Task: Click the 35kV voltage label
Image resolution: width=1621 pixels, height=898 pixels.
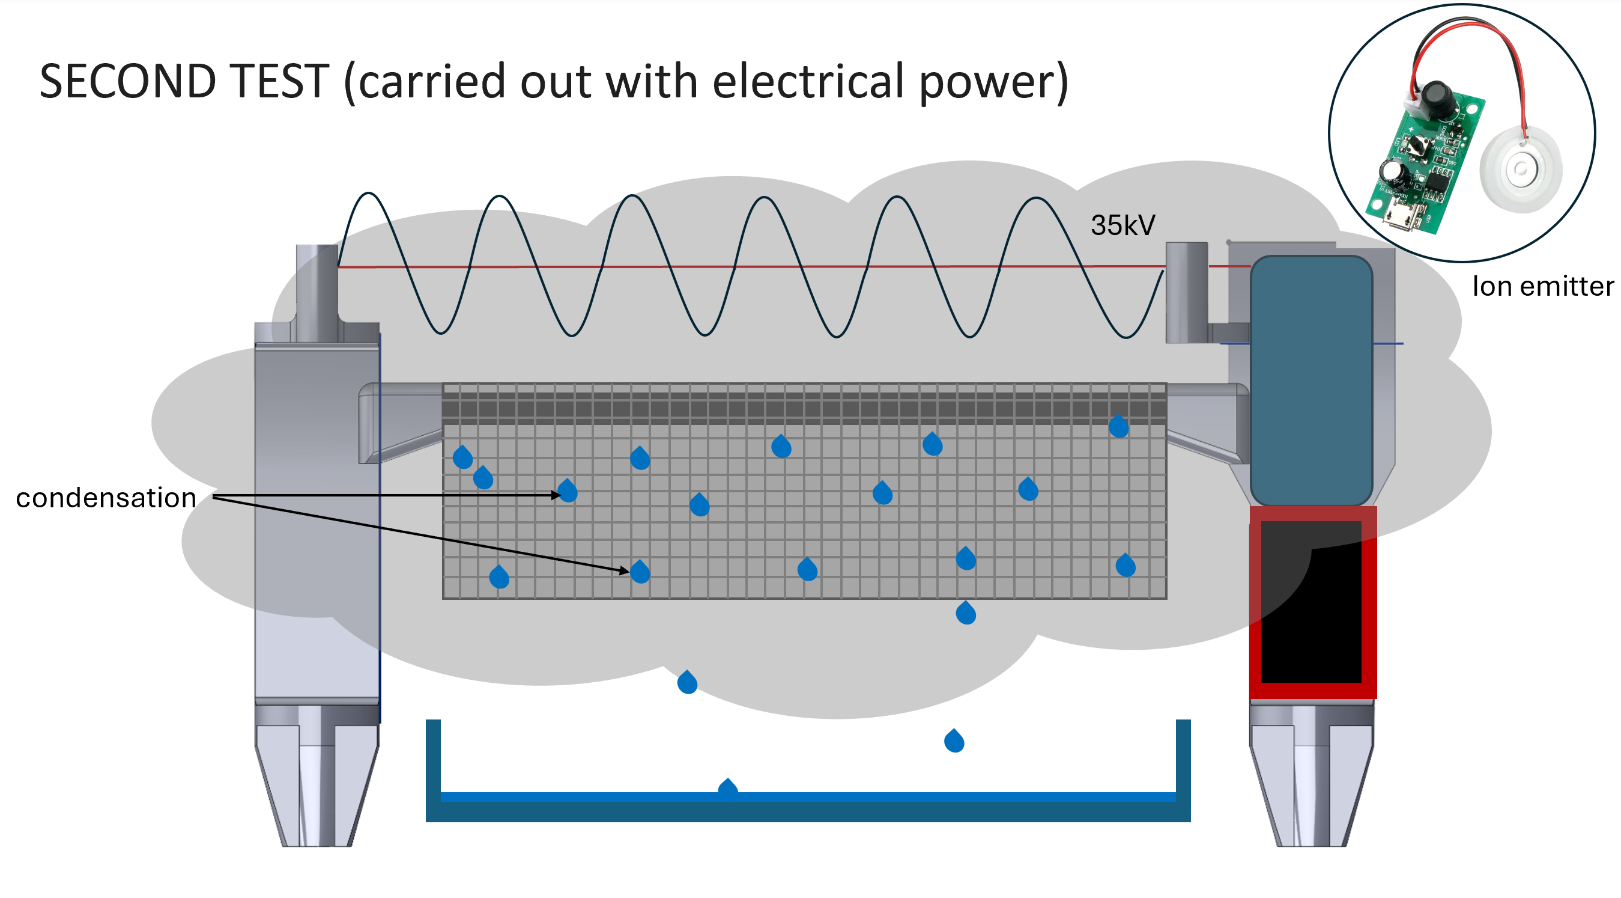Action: pos(1123,225)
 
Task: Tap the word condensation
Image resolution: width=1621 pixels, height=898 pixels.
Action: pos(106,498)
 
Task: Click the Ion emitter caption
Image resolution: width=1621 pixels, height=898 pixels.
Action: pos(1542,287)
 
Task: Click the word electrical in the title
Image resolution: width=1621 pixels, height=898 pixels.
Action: pos(808,82)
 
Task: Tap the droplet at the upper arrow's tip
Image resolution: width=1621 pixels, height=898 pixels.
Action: pos(568,491)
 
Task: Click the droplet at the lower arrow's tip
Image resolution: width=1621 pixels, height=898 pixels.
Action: pos(640,572)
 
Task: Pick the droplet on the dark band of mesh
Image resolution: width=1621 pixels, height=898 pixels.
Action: pos(1118,427)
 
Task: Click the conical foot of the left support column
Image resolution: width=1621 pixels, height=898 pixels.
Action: pos(317,787)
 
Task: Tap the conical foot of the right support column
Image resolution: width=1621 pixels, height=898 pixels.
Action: pos(1312,787)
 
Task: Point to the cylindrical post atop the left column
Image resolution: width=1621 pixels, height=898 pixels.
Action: pos(317,283)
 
